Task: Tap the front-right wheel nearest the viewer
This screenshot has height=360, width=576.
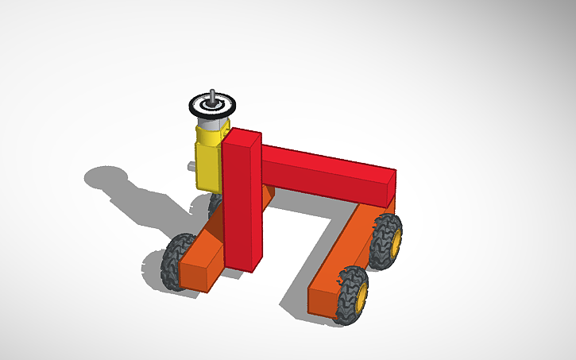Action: click(351, 295)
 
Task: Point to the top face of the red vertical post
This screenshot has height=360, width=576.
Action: click(243, 136)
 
